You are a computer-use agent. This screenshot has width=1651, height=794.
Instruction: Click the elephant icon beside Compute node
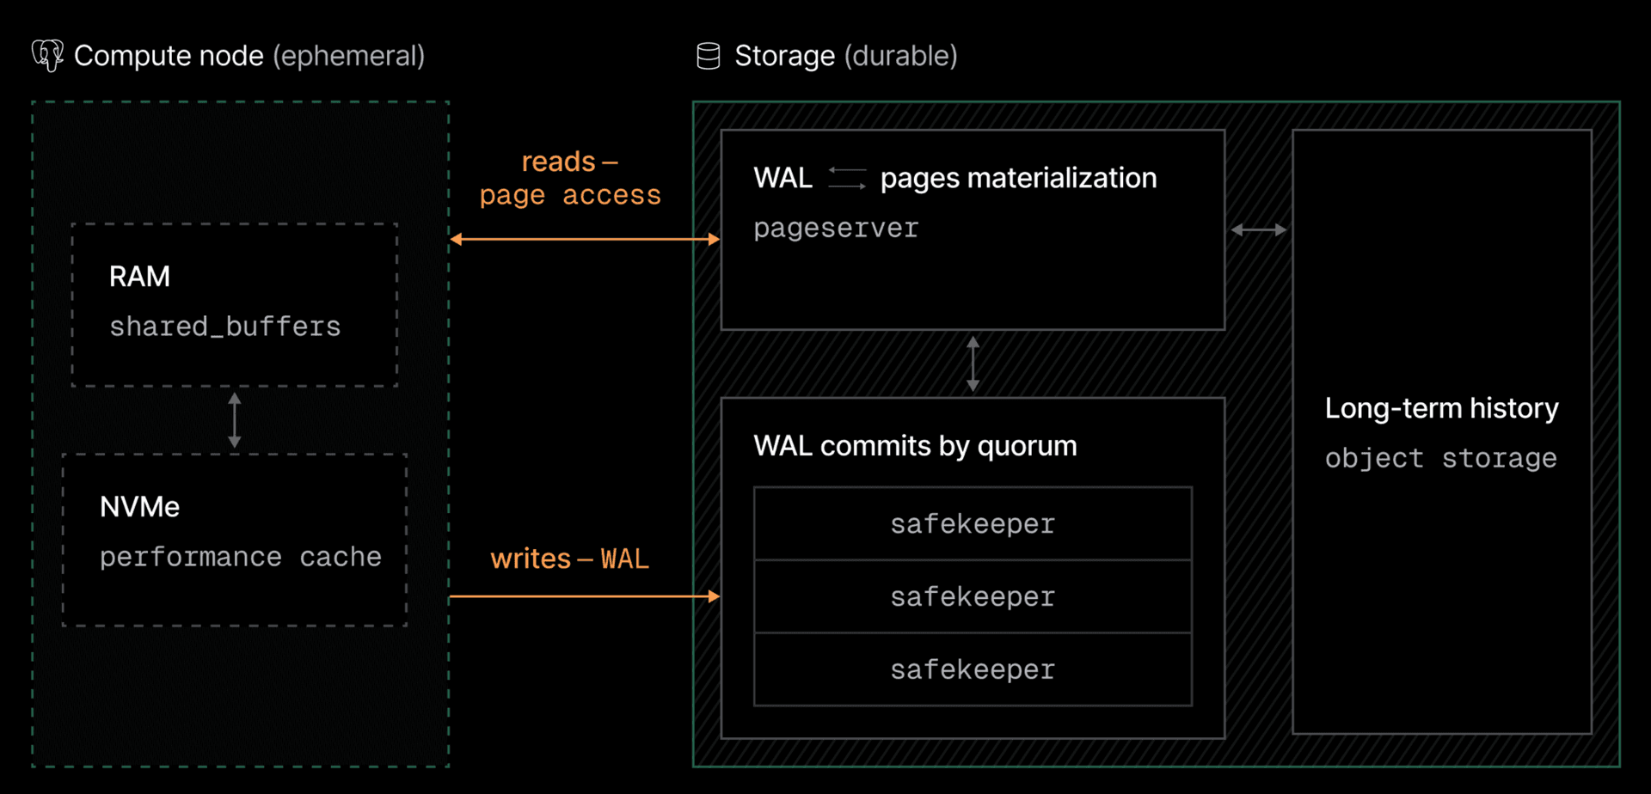tap(47, 56)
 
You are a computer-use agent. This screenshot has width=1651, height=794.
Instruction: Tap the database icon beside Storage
tap(708, 56)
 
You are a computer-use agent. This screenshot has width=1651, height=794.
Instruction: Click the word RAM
tap(139, 277)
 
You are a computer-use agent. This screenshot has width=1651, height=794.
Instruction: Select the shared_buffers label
tap(225, 327)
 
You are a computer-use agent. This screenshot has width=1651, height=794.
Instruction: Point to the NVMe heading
tap(139, 507)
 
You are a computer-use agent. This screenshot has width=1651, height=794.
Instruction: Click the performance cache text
tap(240, 557)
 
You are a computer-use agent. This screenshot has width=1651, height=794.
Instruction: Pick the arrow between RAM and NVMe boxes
tap(235, 420)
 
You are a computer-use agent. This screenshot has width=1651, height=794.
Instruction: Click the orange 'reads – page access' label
tap(570, 179)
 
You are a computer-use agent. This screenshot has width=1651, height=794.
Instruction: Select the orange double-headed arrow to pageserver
tap(585, 239)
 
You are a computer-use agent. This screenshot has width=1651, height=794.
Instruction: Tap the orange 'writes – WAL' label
tap(569, 559)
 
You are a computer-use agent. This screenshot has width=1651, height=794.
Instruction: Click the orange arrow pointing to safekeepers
tap(585, 595)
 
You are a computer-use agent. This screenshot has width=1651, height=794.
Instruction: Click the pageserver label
tap(836, 229)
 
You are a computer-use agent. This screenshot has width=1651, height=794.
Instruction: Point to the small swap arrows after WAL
tap(847, 178)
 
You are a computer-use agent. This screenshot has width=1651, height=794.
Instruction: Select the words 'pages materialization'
tap(1018, 178)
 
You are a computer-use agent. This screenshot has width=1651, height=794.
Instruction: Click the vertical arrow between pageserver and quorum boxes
tap(973, 363)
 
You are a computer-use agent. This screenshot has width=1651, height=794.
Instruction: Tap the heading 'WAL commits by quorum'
tap(915, 446)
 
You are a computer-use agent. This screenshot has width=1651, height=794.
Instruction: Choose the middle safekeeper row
tap(973, 596)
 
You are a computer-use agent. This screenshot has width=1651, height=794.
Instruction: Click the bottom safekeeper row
tap(973, 669)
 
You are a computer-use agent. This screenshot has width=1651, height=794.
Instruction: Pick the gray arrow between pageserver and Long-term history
tap(1259, 229)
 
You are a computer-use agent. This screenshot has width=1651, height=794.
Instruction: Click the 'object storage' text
tap(1440, 458)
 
